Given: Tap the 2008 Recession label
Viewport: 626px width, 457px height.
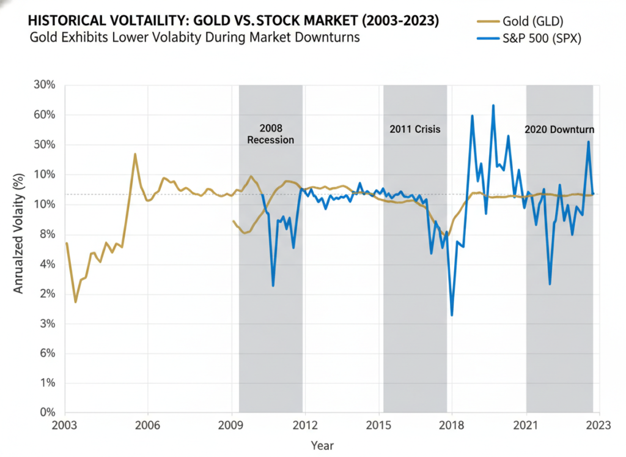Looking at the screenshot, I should coord(270,134).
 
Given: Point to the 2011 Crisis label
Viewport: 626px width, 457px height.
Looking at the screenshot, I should coord(415,130).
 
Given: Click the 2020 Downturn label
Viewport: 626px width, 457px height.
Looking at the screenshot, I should coord(559,130).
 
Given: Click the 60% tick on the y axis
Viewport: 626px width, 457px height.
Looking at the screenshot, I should coord(45,115).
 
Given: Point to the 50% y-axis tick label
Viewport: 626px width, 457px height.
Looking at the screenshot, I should coord(45,145).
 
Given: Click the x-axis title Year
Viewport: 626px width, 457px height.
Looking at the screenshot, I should coord(323,445).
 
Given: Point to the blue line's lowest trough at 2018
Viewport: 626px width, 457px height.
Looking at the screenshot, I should coord(452,315).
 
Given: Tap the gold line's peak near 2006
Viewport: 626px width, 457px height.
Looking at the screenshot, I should coord(135,154).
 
